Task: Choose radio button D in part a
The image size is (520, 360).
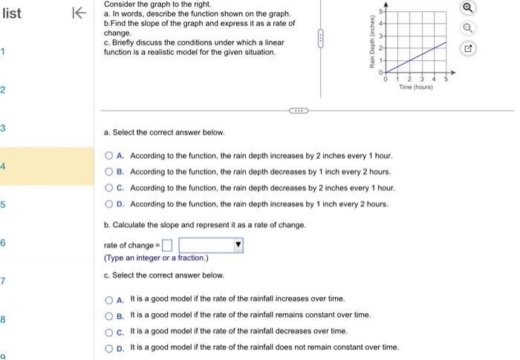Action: click(x=109, y=203)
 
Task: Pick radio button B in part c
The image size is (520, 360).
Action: click(x=109, y=315)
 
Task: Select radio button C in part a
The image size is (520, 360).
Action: click(x=109, y=188)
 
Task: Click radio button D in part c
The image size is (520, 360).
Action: click(x=109, y=347)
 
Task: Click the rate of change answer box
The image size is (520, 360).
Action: click(x=167, y=245)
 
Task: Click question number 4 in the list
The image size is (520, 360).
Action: click(x=3, y=166)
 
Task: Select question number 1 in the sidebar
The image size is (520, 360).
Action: click(x=3, y=52)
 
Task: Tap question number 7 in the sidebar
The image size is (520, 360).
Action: click(x=3, y=281)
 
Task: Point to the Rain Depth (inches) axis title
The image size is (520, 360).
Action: click(x=371, y=40)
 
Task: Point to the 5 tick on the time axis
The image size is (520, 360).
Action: click(x=446, y=79)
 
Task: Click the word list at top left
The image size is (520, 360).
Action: click(x=13, y=13)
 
